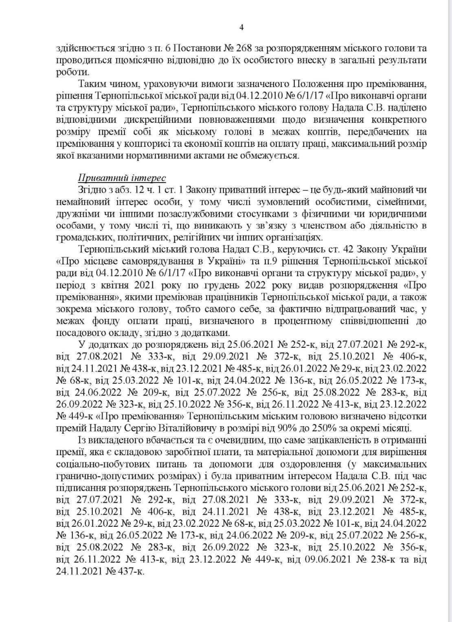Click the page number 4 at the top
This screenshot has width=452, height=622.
pyautogui.click(x=241, y=28)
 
